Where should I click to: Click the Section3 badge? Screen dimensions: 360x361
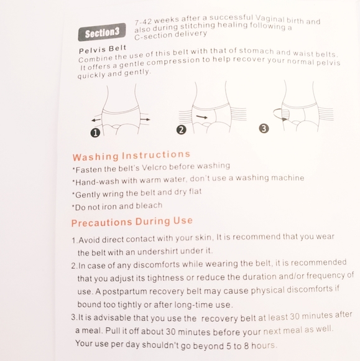pyautogui.click(x=102, y=32)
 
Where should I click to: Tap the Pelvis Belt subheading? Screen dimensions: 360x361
pyautogui.click(x=103, y=49)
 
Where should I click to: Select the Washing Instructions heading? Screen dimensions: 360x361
pyautogui.click(x=131, y=156)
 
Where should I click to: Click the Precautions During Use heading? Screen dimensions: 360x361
pyautogui.click(x=132, y=222)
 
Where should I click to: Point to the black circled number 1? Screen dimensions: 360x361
pyautogui.click(x=95, y=133)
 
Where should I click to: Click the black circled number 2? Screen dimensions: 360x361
pyautogui.click(x=182, y=129)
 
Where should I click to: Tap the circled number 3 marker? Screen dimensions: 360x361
pyautogui.click(x=264, y=128)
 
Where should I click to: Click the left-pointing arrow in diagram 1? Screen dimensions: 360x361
pyautogui.click(x=96, y=120)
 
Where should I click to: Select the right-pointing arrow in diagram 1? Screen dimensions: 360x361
pyautogui.click(x=145, y=120)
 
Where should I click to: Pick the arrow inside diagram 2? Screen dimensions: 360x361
pyautogui.click(x=201, y=117)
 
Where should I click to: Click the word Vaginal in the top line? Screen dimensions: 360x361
pyautogui.click(x=270, y=19)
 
